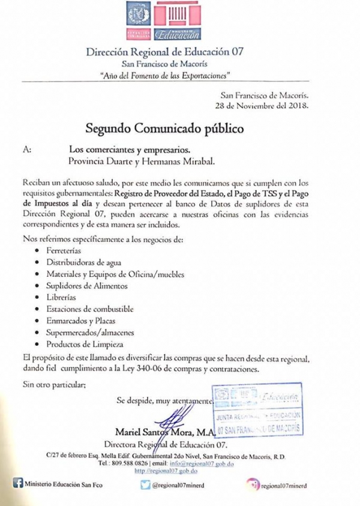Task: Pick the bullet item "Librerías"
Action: [63, 298]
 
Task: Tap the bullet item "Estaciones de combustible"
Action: [91, 310]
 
